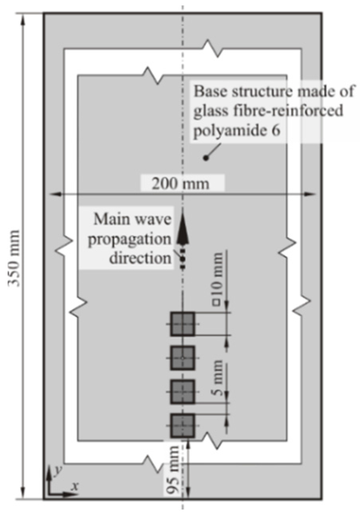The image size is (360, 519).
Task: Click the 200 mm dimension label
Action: [182, 184]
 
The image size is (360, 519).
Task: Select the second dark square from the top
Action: [182, 358]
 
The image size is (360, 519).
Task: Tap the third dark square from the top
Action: [182, 392]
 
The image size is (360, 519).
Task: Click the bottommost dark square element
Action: [182, 426]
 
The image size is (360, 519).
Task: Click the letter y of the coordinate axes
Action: [57, 470]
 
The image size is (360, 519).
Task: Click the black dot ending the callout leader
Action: [205, 158]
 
